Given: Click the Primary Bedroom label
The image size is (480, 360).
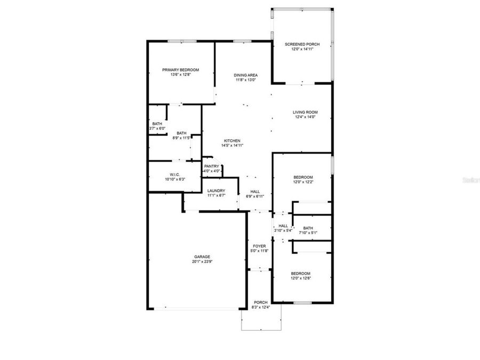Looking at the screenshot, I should point(181,70).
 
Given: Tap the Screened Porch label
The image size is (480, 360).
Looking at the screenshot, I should point(302,44).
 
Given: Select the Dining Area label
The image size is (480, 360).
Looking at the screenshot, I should point(246,75).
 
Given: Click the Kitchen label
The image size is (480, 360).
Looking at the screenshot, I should point(232,141).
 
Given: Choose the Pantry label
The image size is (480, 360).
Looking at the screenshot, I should point(211,166).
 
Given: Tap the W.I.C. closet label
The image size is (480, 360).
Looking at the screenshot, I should point(174,175).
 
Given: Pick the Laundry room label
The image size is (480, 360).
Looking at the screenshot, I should point(216,190).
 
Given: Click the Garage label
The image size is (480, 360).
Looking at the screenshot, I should point(202,257).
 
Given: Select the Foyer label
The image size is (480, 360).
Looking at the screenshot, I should point(260,246).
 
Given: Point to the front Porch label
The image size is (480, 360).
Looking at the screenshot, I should point(261,302).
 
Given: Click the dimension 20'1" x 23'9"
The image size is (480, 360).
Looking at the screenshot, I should point(202,262).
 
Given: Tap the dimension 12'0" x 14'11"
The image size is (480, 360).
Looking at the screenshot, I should point(302,50).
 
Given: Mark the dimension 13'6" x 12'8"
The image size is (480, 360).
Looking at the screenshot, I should point(181,75).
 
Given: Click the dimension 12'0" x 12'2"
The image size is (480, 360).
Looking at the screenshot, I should point(303,182).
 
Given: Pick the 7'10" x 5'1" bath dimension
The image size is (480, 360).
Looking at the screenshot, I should point(308,233).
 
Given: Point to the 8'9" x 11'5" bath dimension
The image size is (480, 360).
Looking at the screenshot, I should point(182,138).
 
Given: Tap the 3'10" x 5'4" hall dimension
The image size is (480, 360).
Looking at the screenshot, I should point(283,230).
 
